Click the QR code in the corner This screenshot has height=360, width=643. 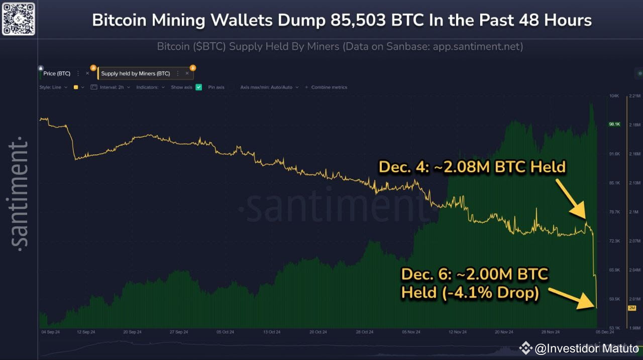coord(19,18)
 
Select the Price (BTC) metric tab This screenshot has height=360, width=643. coord(57,73)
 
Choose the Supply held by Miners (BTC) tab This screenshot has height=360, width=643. coord(136,73)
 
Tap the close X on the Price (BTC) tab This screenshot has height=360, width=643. coord(87,73)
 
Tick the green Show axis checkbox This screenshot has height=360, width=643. coord(199,87)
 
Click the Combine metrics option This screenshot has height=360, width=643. coord(329,87)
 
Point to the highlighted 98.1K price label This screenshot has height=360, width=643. coord(614,124)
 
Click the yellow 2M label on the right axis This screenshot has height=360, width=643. coord(631,308)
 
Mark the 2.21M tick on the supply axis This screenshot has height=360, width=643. coord(635,95)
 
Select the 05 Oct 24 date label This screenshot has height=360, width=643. coord(226,332)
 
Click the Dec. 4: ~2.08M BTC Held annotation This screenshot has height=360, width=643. coord(472,167)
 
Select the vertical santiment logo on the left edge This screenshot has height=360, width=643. coord(19,193)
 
